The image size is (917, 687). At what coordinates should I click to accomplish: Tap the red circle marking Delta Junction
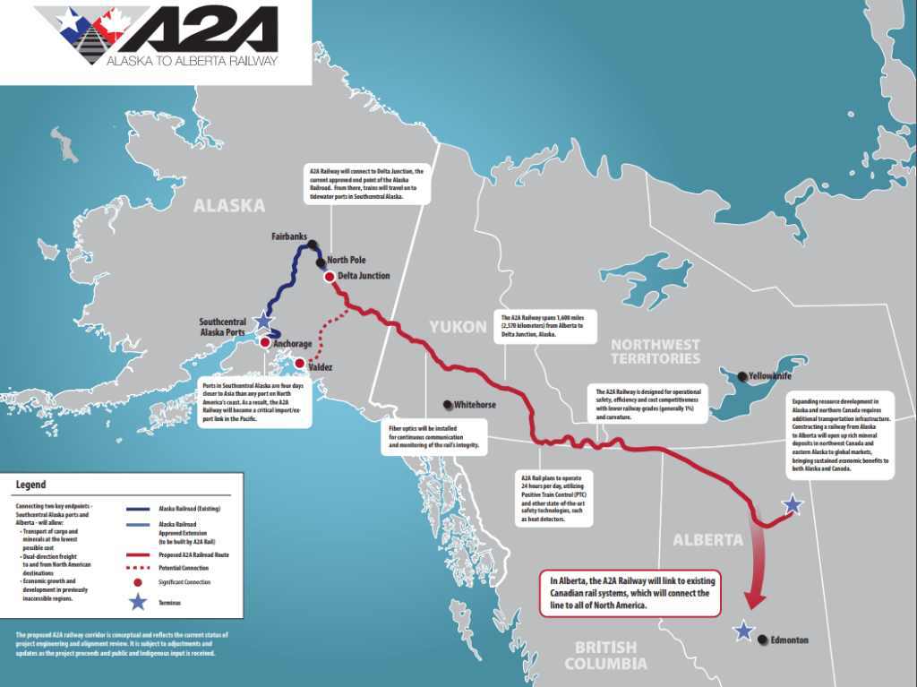329,277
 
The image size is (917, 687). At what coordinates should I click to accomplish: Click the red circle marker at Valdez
300,364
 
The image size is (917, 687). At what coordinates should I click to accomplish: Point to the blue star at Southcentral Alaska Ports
262,321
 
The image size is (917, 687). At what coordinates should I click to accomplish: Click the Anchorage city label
293,344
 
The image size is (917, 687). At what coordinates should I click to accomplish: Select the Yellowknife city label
769,376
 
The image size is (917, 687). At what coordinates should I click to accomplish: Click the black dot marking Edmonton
762,640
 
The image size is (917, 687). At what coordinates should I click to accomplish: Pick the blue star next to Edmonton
743,631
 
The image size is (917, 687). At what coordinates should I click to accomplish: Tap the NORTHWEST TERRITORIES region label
655,351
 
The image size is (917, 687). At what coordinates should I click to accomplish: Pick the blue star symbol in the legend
137,602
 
